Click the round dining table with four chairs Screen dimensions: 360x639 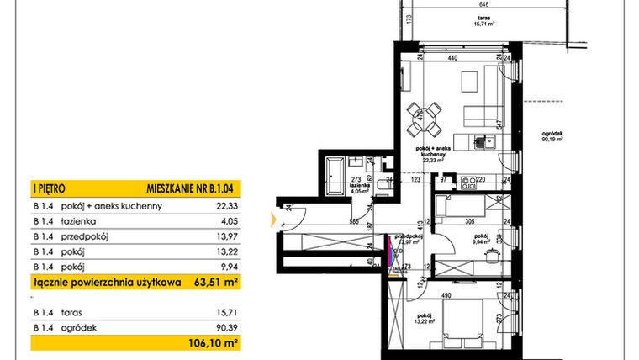[429, 118]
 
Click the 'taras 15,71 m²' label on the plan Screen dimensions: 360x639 [483, 21]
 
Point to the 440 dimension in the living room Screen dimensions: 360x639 [452, 59]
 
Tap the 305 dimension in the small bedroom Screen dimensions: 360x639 [469, 223]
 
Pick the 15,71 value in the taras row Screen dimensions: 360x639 [227, 312]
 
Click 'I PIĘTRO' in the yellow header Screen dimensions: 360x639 [49, 190]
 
